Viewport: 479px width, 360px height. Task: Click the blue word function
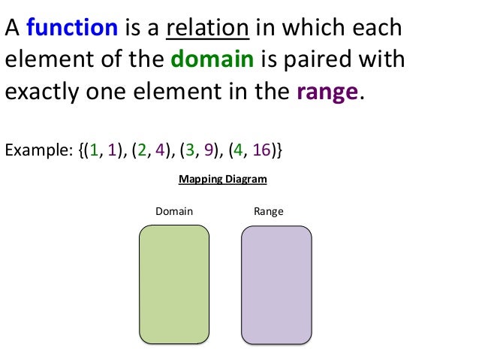[x=72, y=29]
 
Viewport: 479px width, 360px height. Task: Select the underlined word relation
[x=207, y=29]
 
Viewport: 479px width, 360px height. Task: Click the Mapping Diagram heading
[x=222, y=180]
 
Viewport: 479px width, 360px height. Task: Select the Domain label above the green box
[x=173, y=212]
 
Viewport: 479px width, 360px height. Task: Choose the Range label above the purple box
[x=269, y=212]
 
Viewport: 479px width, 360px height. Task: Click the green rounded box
[x=174, y=285]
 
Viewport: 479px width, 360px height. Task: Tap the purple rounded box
[x=276, y=285]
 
